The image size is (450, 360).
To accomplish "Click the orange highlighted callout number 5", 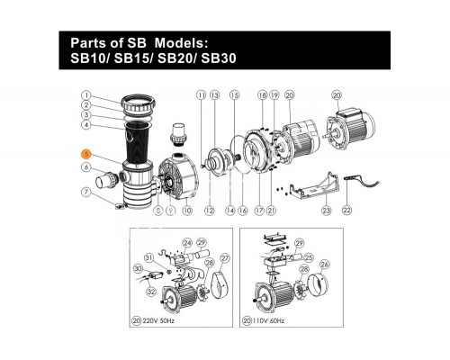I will (85, 153).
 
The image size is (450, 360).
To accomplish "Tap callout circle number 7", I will (85, 192).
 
